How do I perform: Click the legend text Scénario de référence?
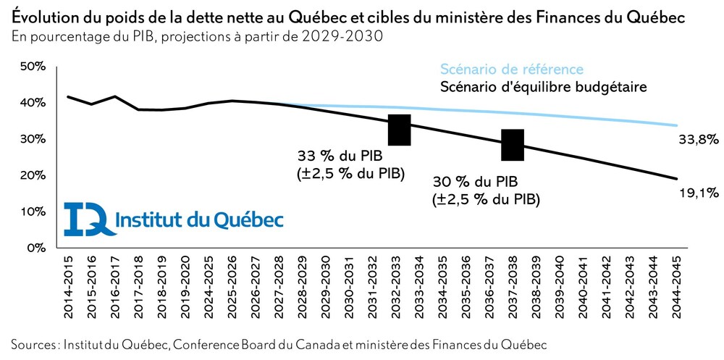point(512,70)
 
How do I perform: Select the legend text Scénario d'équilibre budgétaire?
point(543,88)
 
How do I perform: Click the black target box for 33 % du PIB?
point(400,130)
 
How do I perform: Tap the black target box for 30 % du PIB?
point(513,145)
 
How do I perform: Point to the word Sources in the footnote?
point(33,342)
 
